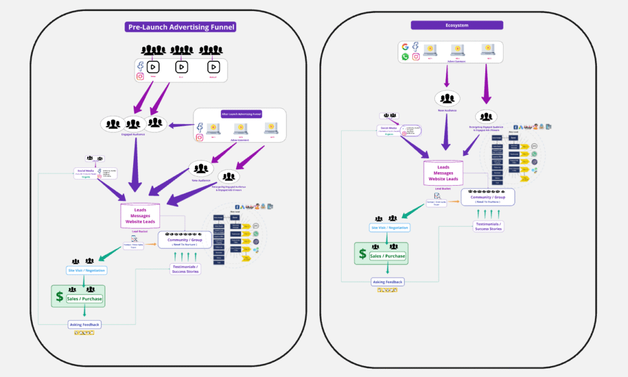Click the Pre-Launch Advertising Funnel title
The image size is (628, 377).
180,27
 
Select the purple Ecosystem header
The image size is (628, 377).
457,25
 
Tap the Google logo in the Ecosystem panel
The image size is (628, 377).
405,47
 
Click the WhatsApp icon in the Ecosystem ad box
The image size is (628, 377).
405,56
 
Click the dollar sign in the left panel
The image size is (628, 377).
59,297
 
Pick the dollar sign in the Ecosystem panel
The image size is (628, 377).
362,254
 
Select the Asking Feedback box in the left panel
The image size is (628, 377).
85,324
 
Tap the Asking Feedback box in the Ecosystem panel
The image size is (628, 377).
388,282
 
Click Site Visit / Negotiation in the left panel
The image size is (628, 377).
86,270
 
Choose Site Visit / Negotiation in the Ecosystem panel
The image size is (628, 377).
389,227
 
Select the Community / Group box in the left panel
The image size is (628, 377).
186,240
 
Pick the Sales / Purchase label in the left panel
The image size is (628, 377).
85,299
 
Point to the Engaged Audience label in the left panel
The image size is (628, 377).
134,133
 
